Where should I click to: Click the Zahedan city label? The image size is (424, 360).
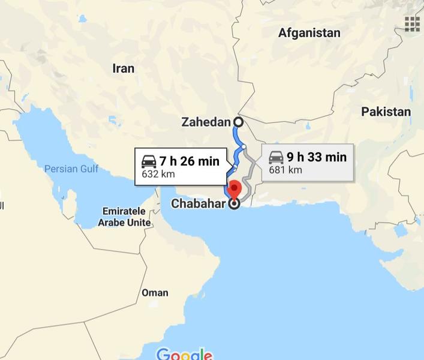206,122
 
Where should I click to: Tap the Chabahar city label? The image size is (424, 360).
198,204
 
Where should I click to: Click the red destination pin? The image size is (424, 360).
234,188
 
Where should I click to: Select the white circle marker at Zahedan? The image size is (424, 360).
238,122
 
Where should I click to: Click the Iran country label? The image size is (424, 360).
124,68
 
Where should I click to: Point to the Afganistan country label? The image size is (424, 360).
309,33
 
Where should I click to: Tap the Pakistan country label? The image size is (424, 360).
386,112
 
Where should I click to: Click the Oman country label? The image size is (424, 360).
155,293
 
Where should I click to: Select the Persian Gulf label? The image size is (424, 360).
71,169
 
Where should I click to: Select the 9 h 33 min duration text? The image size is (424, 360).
316,157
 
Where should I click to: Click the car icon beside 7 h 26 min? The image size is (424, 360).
149,161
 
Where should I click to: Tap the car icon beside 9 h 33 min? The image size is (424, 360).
276,157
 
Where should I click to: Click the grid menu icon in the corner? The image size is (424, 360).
411,23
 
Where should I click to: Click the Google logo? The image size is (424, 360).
184,353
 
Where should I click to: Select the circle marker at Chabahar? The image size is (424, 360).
234,204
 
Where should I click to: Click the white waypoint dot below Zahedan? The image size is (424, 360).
244,146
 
